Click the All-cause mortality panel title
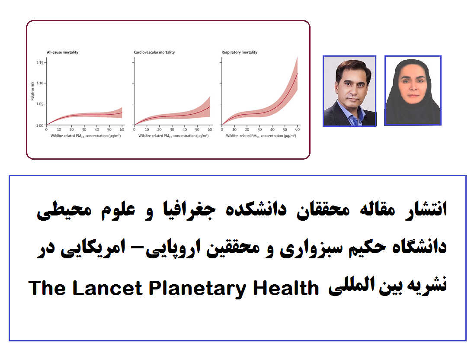pyautogui.click(x=63, y=52)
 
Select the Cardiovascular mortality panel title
pyautogui.click(x=154, y=52)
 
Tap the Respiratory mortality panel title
pyautogui.click(x=240, y=52)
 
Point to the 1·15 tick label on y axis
pyautogui.click(x=40, y=63)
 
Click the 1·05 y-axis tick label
pyautogui.click(x=40, y=104)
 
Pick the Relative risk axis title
pyautogui.click(x=32, y=91)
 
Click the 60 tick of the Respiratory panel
pyautogui.click(x=298, y=129)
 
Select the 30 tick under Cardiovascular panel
pyautogui.click(x=172, y=129)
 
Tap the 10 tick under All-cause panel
pyautogui.click(x=59, y=129)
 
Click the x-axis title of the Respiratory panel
pyautogui.click(x=261, y=136)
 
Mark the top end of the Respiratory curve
pyautogui.click(x=298, y=73)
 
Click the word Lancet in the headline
pyautogui.click(x=107, y=288)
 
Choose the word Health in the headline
pyautogui.click(x=286, y=288)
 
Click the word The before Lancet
pyautogui.click(x=47, y=288)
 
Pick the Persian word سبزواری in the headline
pyautogui.click(x=311, y=248)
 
